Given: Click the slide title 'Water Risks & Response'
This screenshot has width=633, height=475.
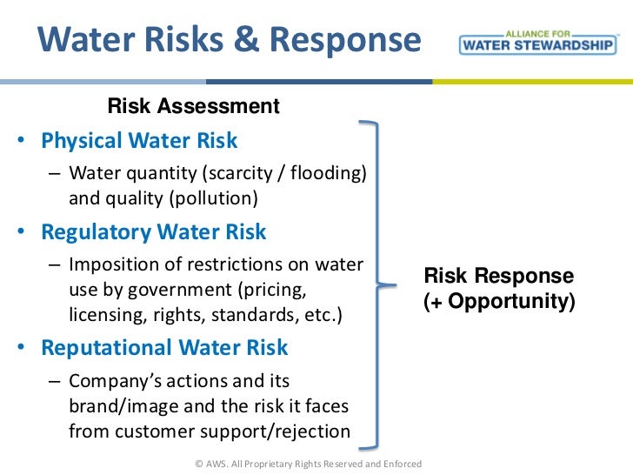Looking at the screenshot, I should click(x=230, y=41).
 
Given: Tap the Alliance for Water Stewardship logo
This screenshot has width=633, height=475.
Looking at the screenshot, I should click(x=537, y=43).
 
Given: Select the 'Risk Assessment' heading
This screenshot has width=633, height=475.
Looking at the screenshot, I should click(x=193, y=107).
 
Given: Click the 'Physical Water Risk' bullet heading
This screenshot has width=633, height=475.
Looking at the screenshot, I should click(x=139, y=140).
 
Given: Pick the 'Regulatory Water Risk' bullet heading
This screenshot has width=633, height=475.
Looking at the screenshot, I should click(x=154, y=232).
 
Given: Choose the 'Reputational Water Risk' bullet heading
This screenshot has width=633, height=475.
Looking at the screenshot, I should click(x=164, y=347).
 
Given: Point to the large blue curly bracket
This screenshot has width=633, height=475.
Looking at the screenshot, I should click(x=376, y=284).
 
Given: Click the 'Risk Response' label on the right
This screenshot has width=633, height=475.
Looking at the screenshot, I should click(x=498, y=277).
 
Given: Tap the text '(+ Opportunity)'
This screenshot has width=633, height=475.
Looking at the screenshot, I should click(x=499, y=303).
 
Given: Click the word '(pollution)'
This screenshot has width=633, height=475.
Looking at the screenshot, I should click(x=216, y=197).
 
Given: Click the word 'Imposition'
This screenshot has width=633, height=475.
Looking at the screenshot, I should click(x=112, y=264).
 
